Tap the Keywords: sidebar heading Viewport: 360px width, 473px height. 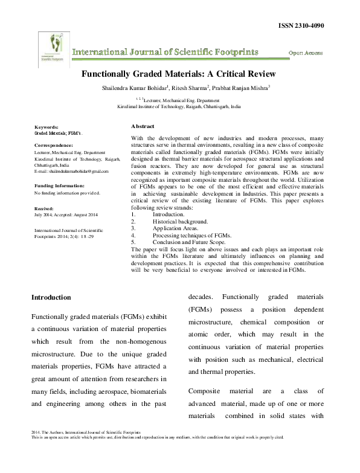pos(47,127)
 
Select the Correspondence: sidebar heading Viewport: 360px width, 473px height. pos(53,146)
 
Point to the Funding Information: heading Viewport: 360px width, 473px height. pos(59,185)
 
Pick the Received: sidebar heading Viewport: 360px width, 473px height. pos(45,207)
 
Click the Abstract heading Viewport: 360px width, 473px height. pos(143,126)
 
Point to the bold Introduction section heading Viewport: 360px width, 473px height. pos(51,298)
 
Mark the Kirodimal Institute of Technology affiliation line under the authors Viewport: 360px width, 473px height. pos(178,105)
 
